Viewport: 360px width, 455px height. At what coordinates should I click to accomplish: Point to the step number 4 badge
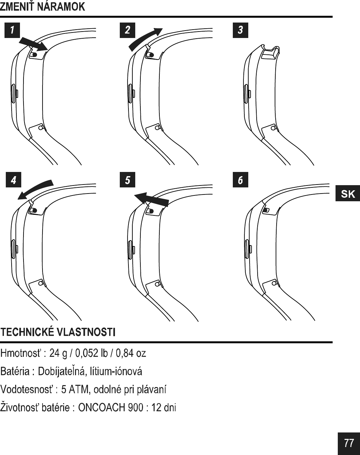point(13,180)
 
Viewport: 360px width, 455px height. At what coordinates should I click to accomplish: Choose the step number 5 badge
point(127,180)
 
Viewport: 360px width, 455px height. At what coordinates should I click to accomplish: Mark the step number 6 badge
point(240,180)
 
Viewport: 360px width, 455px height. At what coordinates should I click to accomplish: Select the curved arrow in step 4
point(35,189)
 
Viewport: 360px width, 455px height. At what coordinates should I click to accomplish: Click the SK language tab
point(347,194)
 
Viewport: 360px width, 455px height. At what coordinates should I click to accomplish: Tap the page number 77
point(349,443)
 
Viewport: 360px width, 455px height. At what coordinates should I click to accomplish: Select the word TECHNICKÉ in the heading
point(27,332)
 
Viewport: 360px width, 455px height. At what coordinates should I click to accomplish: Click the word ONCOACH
point(102,408)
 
